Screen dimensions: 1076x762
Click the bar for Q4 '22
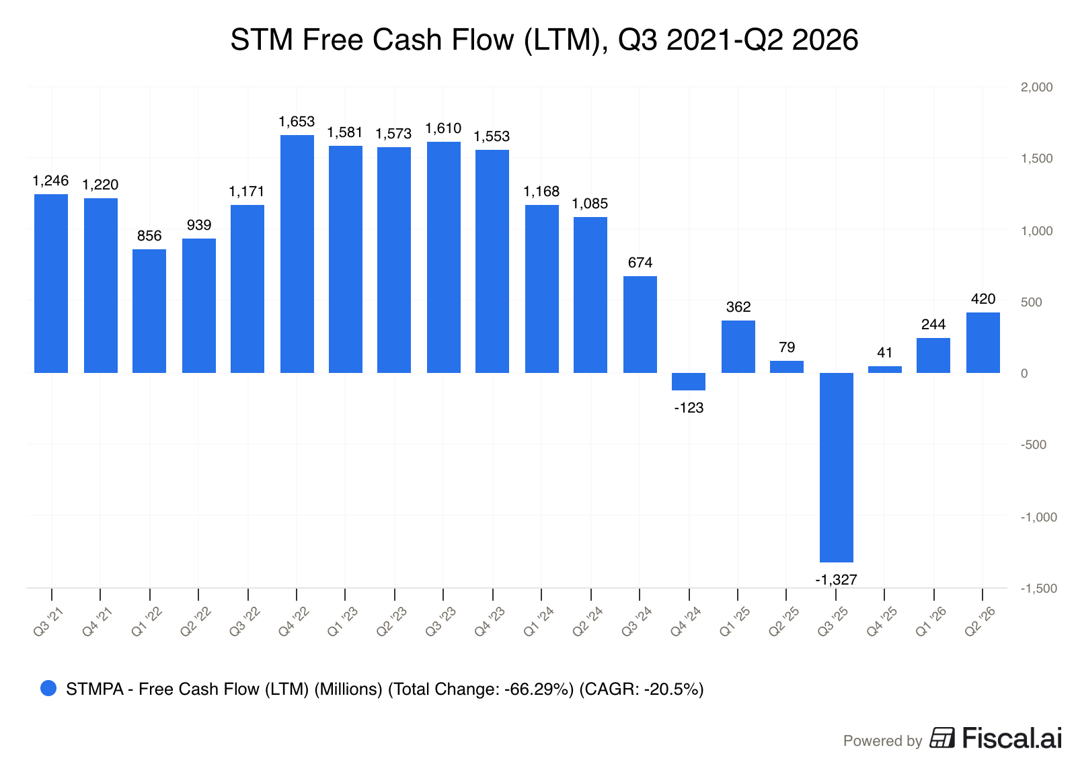pos(297,254)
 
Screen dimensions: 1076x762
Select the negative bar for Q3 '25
pos(837,468)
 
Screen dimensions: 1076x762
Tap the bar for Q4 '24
pos(689,382)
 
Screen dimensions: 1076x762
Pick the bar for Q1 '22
pos(149,311)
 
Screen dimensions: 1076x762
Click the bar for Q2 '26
pos(983,343)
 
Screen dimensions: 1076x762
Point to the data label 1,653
pos(297,122)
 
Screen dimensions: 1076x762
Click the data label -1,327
pos(837,580)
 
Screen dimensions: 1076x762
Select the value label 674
pos(640,263)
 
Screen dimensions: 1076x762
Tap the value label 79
pos(787,347)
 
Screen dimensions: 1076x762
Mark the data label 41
pos(885,353)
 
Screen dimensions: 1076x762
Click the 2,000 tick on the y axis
pos(1036,87)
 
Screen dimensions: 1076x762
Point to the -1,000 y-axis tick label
pos(1038,517)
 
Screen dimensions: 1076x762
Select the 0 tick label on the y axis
pos(1024,374)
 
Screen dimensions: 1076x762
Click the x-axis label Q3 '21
pos(48,622)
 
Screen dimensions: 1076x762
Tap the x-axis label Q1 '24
pos(539,622)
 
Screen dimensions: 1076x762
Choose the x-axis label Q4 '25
pos(882,622)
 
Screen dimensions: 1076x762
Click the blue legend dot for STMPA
pos(48,688)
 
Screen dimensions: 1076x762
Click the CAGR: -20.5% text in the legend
pos(642,689)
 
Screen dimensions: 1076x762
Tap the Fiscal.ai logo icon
pos(942,738)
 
